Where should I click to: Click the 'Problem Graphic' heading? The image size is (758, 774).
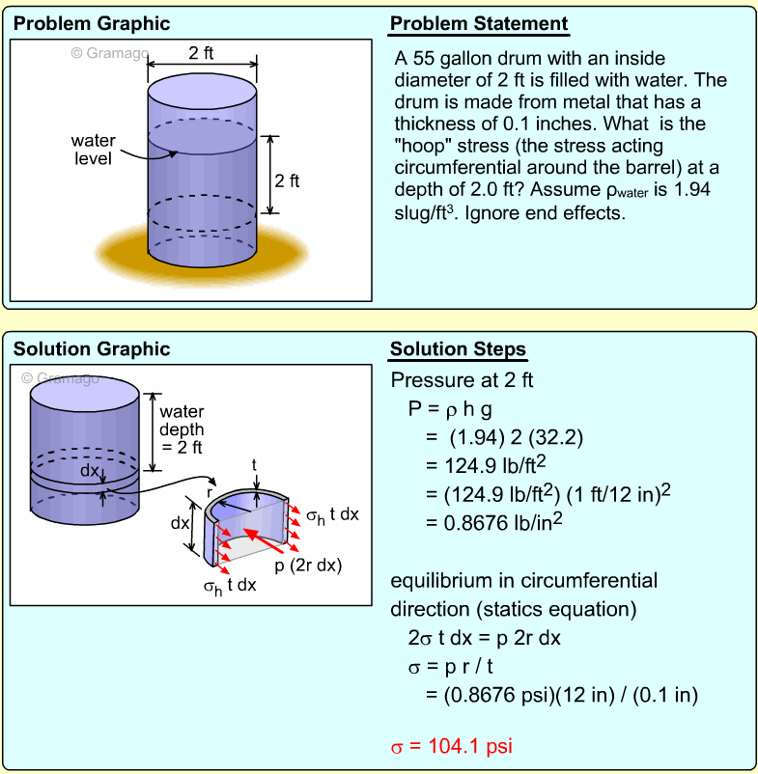(92, 23)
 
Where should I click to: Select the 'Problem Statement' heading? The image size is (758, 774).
(479, 24)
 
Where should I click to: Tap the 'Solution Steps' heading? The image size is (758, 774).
(458, 349)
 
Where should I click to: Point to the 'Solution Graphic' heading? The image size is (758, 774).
(92, 349)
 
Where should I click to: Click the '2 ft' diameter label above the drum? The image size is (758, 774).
(203, 53)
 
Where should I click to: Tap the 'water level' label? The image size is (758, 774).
(94, 151)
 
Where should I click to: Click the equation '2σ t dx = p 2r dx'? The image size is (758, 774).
(484, 638)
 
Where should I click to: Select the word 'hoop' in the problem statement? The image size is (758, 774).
(422, 146)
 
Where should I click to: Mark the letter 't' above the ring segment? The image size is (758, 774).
(254, 464)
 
